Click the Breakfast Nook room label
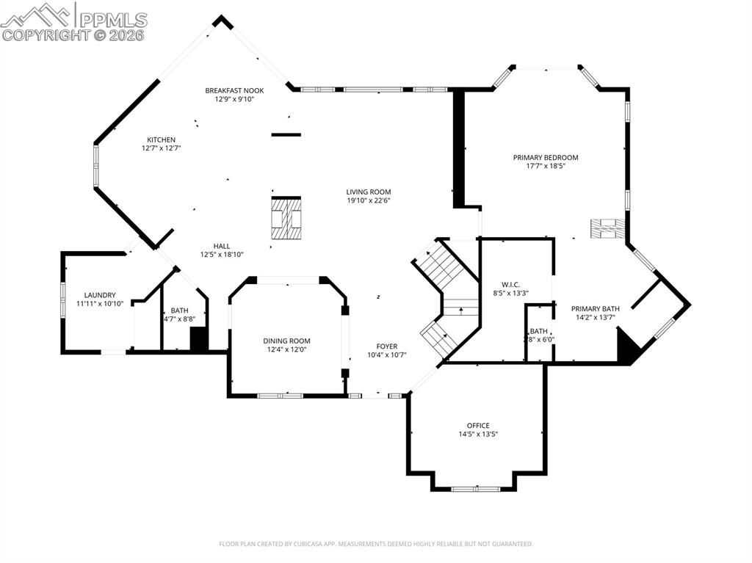234,90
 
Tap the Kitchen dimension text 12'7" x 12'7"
161,148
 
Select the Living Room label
369,192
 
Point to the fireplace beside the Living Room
286,219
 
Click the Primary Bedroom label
546,157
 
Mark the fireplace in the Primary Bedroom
608,228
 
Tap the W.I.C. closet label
511,284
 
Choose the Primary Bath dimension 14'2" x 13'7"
595,317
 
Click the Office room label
478,425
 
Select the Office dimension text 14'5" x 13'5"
478,434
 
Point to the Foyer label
386,346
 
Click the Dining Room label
287,341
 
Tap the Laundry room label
100,295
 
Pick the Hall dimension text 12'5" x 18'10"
222,255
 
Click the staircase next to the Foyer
446,299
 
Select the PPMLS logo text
113,19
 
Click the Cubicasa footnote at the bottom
375,544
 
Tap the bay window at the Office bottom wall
476,489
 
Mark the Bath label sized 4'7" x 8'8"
179,310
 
